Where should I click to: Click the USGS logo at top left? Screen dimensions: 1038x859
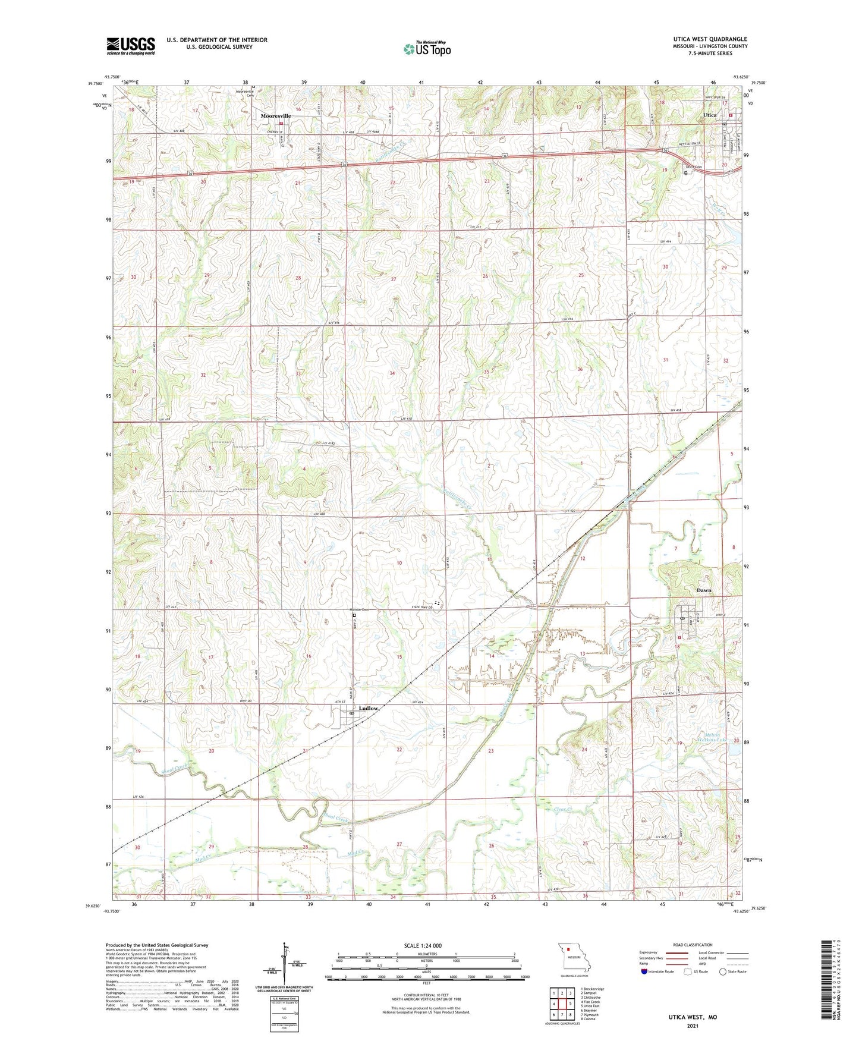point(131,46)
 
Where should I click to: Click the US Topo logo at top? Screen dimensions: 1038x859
point(426,49)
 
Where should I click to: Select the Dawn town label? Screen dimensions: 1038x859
point(704,590)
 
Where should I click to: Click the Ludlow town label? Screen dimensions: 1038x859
point(369,708)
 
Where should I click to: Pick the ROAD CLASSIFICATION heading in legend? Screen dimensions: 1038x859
point(692,945)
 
